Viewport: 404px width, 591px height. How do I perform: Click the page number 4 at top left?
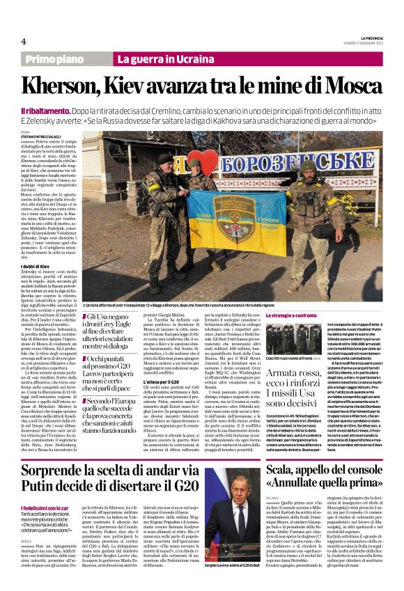pyautogui.click(x=24, y=41)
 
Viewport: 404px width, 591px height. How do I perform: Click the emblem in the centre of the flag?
pyautogui.click(x=221, y=216)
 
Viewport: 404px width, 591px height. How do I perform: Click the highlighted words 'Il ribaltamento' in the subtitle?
pyautogui.click(x=46, y=111)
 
